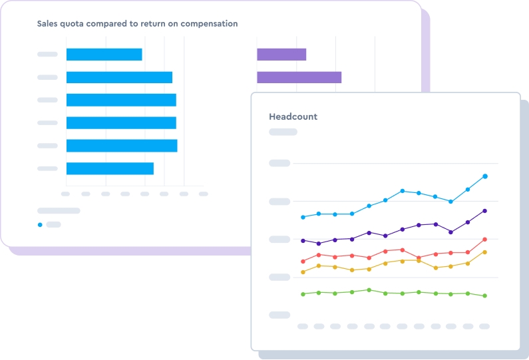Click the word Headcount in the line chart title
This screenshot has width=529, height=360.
click(293, 116)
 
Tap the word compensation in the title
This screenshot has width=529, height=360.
click(206, 24)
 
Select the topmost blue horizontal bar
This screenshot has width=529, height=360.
click(104, 55)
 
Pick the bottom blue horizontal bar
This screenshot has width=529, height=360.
click(110, 168)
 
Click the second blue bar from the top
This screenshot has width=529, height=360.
click(119, 77)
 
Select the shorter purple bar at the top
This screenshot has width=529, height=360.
click(281, 55)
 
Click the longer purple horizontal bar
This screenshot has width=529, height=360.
click(299, 77)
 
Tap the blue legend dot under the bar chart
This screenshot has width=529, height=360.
click(40, 225)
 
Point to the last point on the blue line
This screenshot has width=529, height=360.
click(485, 176)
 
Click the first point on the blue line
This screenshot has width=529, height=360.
click(303, 217)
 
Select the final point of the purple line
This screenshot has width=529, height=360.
click(485, 211)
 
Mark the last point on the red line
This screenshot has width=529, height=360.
click(485, 240)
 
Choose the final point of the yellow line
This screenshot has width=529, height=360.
click(485, 252)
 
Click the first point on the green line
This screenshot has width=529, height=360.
click(303, 294)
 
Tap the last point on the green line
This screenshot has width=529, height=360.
click(485, 296)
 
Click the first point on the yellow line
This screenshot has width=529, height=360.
click(303, 272)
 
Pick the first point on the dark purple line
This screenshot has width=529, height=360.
click(303, 241)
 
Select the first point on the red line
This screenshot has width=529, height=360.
click(303, 262)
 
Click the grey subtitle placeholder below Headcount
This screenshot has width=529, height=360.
click(282, 132)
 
